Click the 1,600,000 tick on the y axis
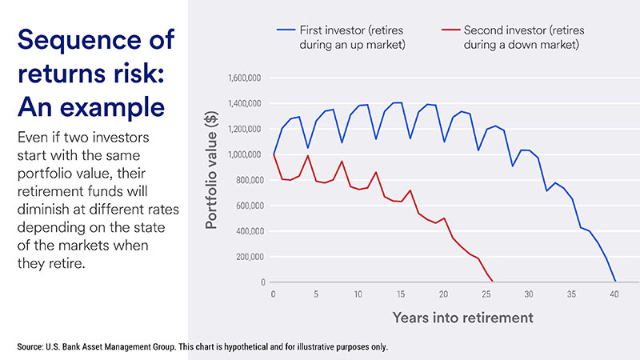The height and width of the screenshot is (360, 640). click(246, 78)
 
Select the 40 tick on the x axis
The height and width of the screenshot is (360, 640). click(614, 294)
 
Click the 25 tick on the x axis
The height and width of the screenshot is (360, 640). click(487, 294)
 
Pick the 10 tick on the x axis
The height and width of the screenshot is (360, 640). click(358, 294)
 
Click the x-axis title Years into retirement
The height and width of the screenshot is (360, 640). click(462, 318)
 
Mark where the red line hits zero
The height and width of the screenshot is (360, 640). click(493, 282)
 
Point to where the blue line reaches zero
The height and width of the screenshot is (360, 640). click(615, 282)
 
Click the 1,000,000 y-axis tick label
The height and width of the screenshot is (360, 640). click(246, 155)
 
